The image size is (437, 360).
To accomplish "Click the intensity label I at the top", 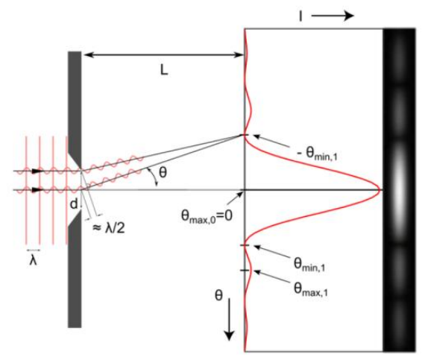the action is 301,16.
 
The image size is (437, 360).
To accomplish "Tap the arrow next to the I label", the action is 332,16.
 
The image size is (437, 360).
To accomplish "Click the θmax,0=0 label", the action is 207,216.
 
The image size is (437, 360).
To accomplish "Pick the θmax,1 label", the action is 311,289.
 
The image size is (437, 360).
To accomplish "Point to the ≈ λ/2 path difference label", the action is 109,229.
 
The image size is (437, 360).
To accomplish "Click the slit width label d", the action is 74,204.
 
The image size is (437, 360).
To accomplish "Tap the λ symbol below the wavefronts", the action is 33,261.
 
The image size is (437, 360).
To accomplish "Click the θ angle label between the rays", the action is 163,172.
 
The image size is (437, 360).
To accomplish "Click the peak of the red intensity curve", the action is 380,190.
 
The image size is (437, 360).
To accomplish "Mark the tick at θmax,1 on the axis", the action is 245,271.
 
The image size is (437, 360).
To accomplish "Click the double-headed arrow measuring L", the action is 164,55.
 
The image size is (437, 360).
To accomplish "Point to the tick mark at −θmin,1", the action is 245,135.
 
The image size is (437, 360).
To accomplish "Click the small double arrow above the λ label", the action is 33,250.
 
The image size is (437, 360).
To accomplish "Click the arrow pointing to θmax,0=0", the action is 235,199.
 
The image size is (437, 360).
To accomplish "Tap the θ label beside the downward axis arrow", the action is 218,295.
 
